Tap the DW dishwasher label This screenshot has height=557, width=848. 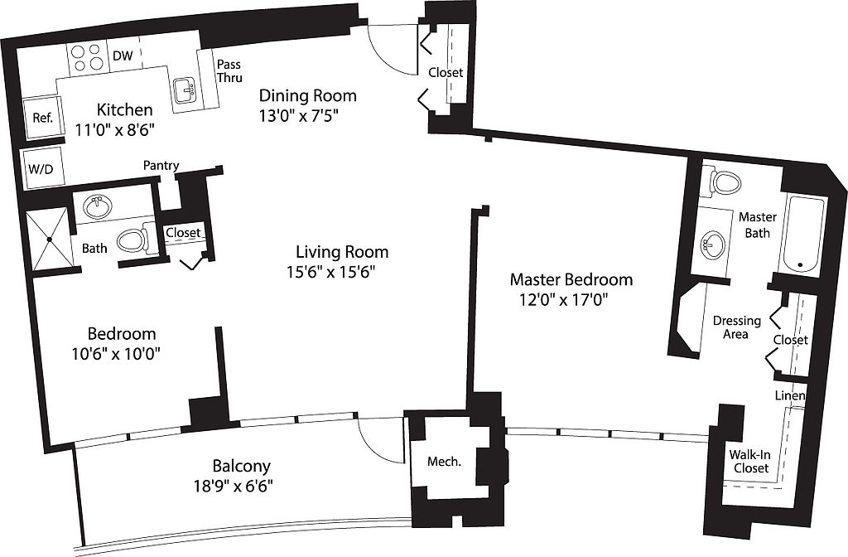[123, 56]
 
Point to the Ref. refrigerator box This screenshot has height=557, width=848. [43, 118]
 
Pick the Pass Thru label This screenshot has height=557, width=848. [229, 71]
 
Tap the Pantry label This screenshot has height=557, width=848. [161, 165]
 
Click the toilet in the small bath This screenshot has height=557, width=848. [133, 240]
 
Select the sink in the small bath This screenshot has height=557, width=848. [98, 207]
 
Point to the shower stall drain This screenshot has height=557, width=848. [49, 239]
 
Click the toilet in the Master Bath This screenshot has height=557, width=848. [722, 182]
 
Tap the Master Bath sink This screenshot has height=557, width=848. [713, 245]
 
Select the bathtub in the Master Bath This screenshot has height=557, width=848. [805, 234]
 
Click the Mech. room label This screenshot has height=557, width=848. [444, 462]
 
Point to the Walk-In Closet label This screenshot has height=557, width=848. [750, 461]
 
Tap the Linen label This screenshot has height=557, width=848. [790, 395]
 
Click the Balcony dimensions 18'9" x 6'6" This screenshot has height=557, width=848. [233, 486]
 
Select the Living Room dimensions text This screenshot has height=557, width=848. [330, 272]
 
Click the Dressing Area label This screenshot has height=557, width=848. [736, 327]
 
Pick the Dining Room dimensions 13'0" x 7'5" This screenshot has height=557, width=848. [301, 116]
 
